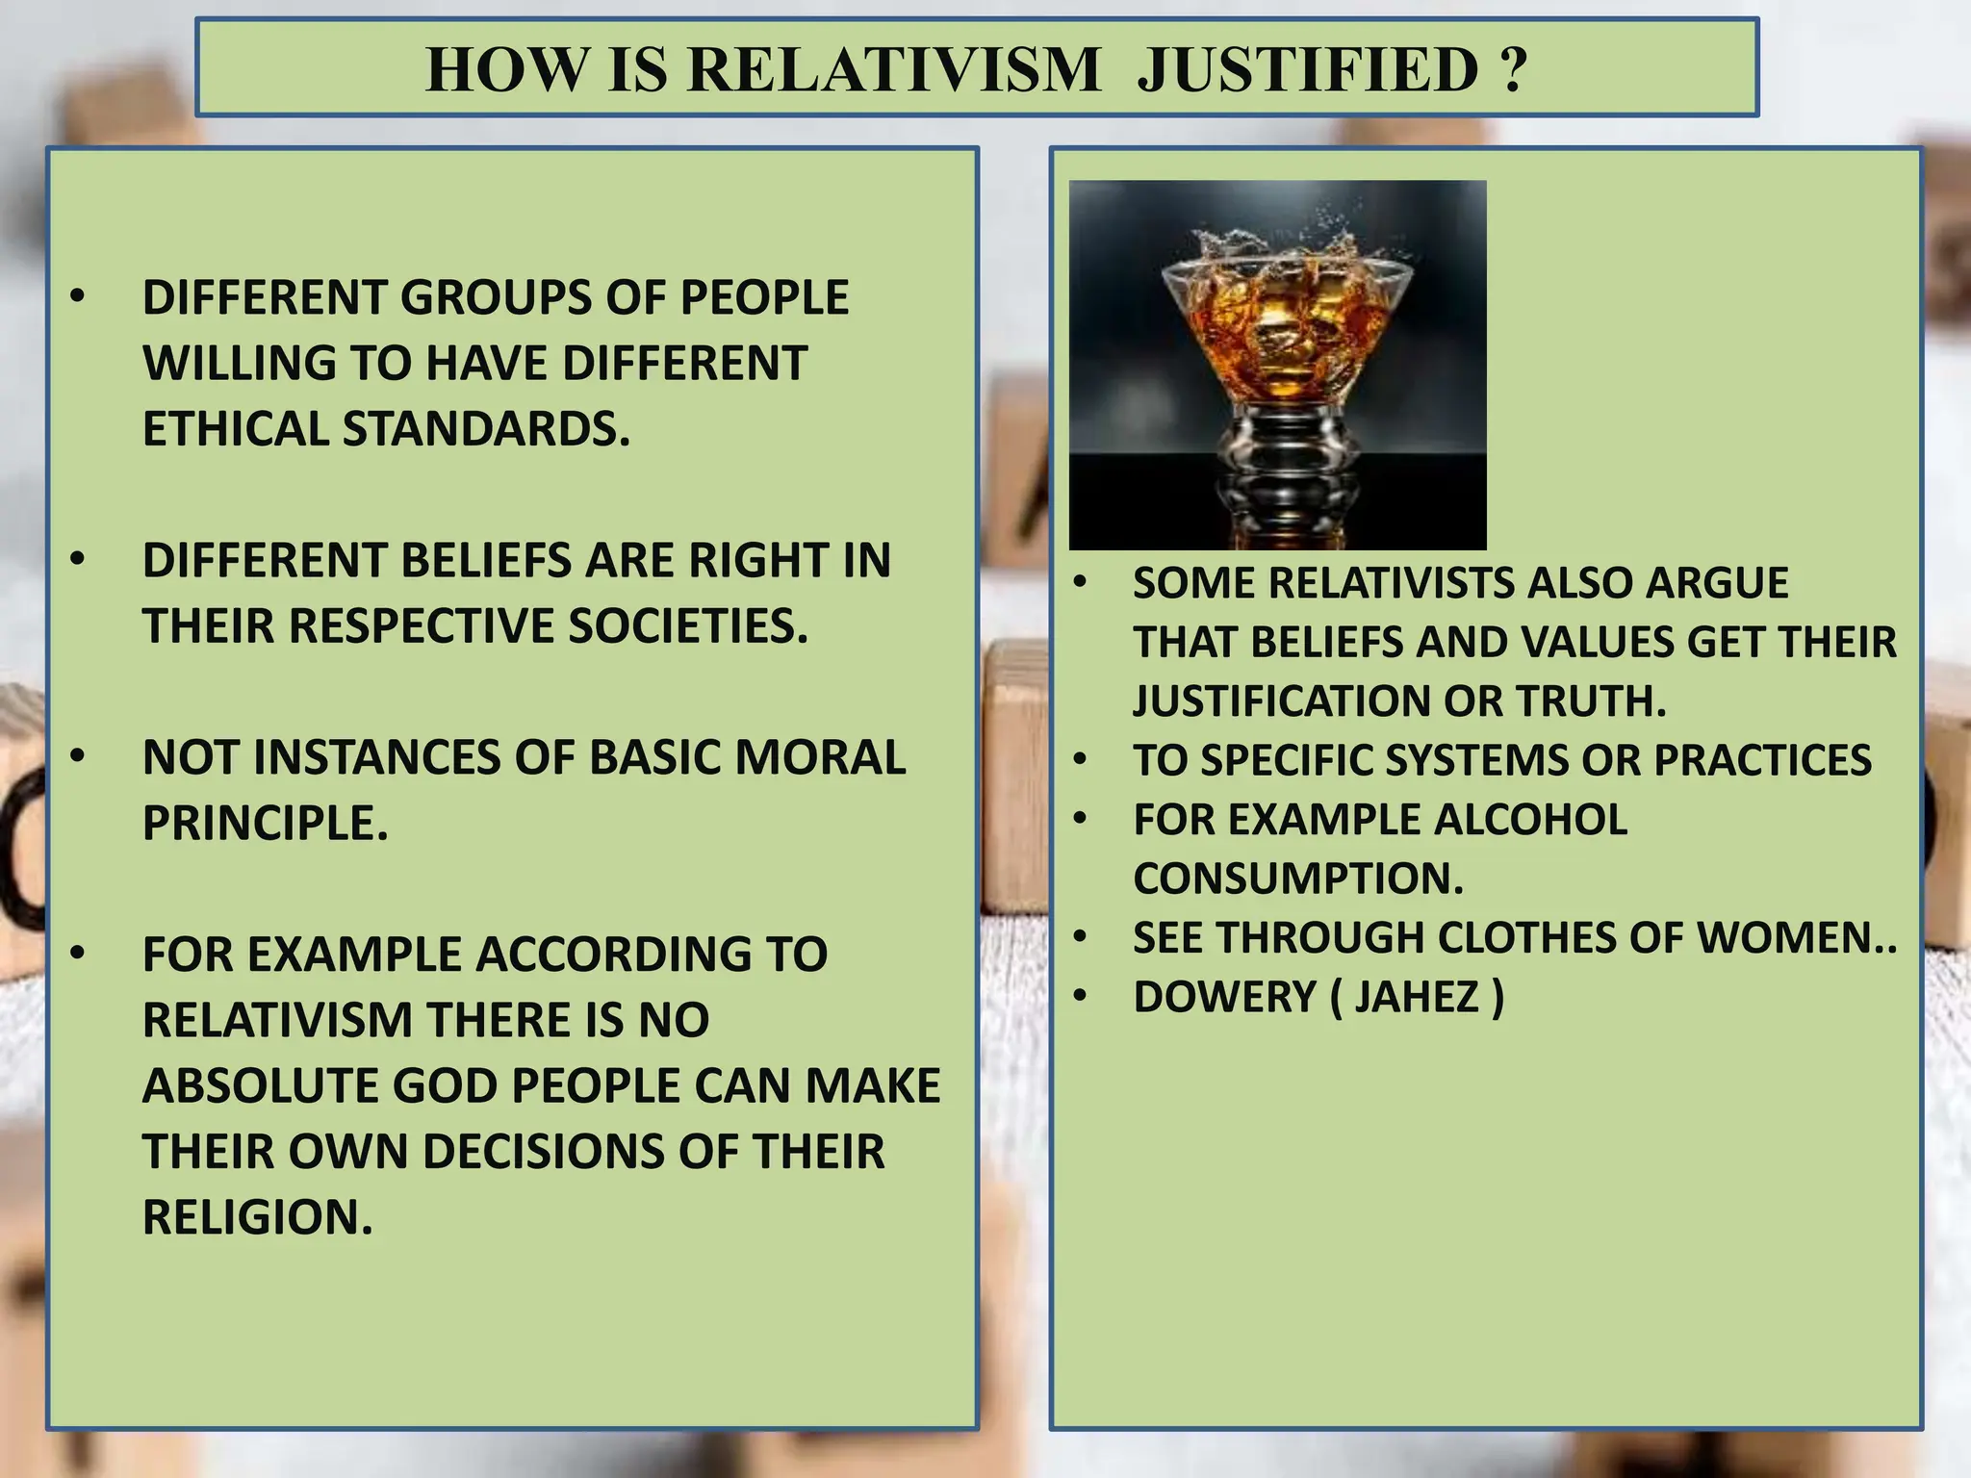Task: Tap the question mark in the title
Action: tap(1513, 69)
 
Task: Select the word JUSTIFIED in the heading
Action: tap(1308, 69)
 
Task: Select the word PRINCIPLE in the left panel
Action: tap(265, 823)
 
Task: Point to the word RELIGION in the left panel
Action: tap(257, 1217)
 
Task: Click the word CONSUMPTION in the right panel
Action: tap(1298, 879)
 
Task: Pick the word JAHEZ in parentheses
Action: tap(1417, 997)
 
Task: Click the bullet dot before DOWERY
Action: tap(1081, 995)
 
